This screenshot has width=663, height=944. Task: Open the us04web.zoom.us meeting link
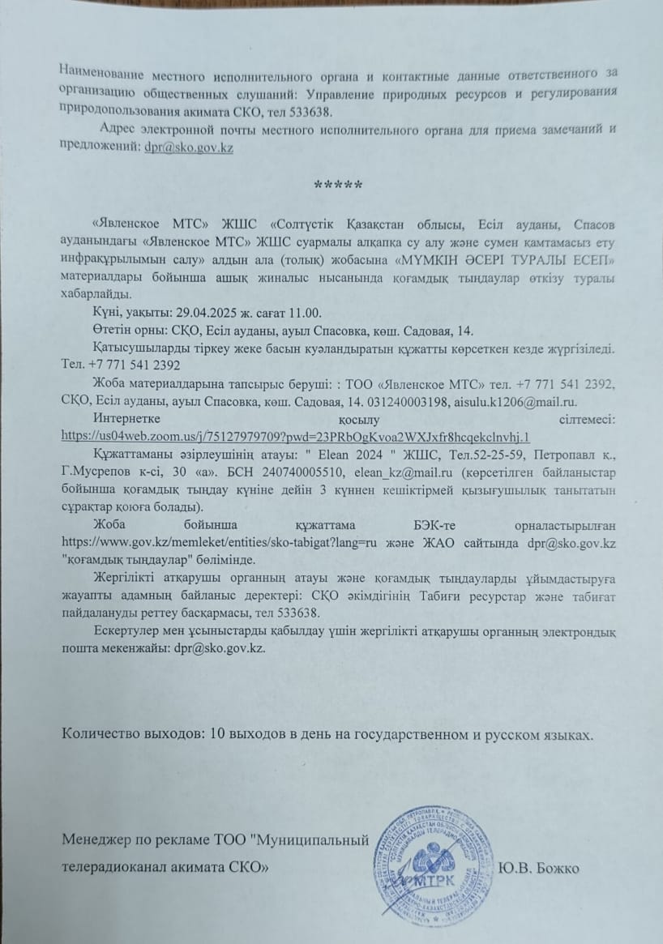pos(296,436)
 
